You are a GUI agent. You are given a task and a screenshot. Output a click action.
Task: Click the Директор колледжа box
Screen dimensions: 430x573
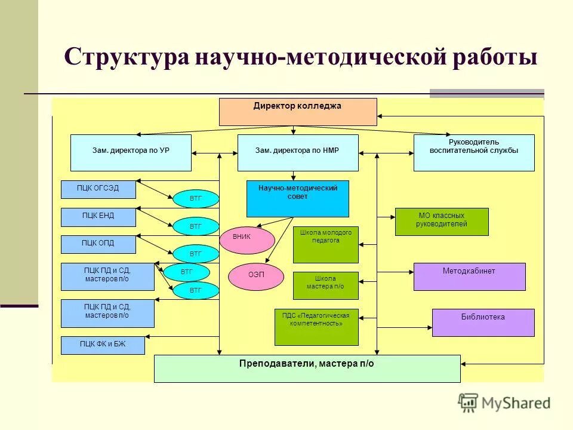(298, 112)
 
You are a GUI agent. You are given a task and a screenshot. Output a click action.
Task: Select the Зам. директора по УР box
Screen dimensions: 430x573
(131, 153)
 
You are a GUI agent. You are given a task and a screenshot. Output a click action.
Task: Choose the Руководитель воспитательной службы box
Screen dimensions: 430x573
(474, 153)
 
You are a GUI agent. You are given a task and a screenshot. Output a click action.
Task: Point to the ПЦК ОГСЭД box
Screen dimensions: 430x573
(98, 189)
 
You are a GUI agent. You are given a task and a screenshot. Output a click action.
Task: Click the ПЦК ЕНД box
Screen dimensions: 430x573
(98, 217)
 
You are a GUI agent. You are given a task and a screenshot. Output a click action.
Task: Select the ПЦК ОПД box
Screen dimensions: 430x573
(98, 244)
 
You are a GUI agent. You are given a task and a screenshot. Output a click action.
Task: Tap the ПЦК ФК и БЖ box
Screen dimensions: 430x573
(103, 345)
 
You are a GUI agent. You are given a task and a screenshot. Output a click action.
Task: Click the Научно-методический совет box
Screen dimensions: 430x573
(297, 198)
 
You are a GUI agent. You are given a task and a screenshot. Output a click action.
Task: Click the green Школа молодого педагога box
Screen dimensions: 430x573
(325, 244)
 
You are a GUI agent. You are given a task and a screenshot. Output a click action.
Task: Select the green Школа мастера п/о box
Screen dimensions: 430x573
(325, 285)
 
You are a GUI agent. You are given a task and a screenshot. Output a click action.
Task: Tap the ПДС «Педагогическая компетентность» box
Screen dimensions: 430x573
(316, 327)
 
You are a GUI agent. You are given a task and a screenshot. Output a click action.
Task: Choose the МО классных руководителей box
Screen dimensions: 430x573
(442, 222)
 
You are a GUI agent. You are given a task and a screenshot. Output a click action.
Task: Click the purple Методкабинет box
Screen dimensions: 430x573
(469, 277)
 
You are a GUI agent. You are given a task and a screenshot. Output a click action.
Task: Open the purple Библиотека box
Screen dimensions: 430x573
(483, 322)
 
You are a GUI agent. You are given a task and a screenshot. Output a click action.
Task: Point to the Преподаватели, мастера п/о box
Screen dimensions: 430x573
(307, 368)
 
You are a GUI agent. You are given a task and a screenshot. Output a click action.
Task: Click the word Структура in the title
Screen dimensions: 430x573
(122, 58)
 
